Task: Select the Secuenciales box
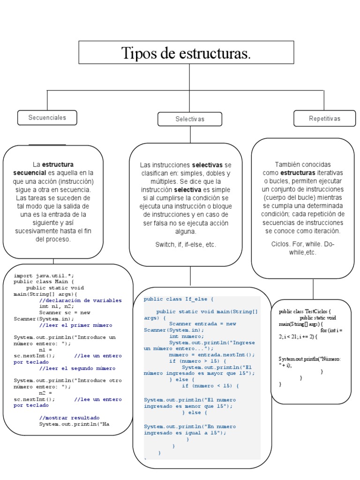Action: [47, 118]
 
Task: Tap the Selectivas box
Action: [190, 119]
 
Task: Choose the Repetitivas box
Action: [324, 119]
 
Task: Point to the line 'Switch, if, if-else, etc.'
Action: [186, 245]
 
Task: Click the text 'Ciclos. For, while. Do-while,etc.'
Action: [303, 248]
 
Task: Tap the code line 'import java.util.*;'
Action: [44, 276]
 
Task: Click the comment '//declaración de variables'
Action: [80, 300]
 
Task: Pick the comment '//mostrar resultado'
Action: [69, 417]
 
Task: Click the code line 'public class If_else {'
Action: [179, 299]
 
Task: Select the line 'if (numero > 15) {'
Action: [197, 361]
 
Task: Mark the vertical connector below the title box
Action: [189, 76]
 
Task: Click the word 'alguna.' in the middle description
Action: [186, 232]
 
